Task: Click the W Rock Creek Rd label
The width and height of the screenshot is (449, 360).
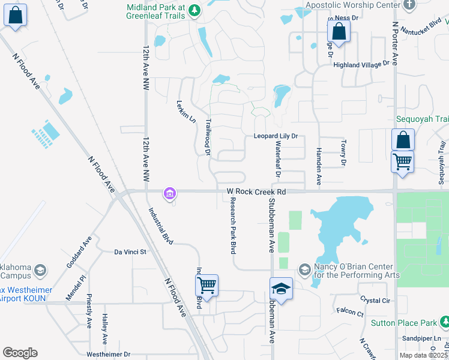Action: coord(256,192)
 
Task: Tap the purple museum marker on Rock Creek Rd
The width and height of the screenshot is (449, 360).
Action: coord(169,193)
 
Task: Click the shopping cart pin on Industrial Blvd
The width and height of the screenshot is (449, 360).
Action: coord(206,286)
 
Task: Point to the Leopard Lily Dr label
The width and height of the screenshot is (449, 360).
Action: coord(276,136)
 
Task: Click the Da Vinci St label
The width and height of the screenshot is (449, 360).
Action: coord(130,252)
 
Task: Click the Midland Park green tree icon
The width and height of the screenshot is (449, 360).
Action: coord(194,10)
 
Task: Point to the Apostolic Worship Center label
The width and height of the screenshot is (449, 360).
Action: coord(352,5)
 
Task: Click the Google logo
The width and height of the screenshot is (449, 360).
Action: coord(20,353)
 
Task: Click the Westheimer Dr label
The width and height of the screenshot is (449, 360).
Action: coord(109,355)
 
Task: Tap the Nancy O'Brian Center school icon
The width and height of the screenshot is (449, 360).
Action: coord(304,271)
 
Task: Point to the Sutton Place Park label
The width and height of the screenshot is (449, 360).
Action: coord(404,323)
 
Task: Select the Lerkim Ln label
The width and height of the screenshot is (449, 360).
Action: coord(186,111)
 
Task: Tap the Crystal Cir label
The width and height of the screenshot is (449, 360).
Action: coord(375,299)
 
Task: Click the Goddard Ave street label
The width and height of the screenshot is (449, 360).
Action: coord(79,251)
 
